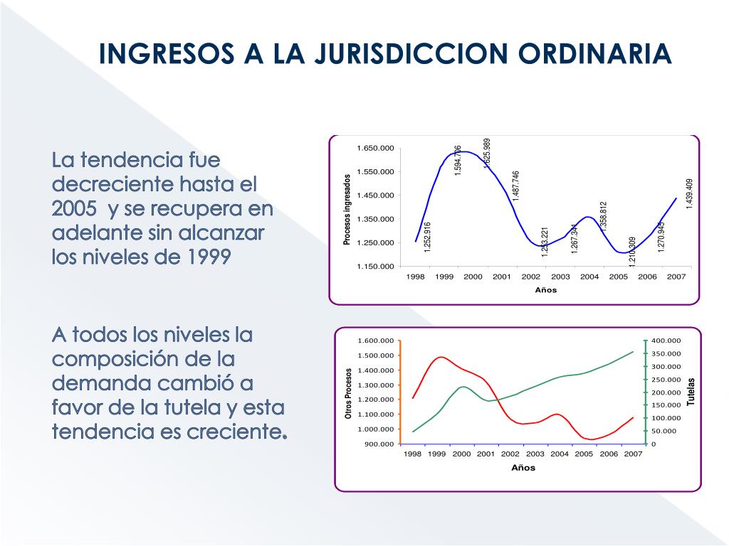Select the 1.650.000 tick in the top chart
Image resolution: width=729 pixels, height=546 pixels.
(x=375, y=148)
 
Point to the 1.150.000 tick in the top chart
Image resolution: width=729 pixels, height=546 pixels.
(x=375, y=267)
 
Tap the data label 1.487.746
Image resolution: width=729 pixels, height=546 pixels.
(x=516, y=186)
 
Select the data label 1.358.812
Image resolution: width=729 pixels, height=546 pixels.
(x=604, y=216)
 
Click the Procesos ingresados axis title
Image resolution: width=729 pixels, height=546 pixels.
(x=347, y=210)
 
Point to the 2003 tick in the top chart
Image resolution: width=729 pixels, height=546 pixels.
(x=560, y=277)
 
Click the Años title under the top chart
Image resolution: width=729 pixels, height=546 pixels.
(x=545, y=290)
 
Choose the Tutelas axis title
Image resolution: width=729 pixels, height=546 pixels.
(x=690, y=392)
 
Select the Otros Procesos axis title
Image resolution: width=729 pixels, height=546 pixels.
(x=349, y=392)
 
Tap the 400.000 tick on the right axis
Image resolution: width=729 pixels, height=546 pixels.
(x=666, y=341)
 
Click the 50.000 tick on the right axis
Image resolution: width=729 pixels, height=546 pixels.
(x=664, y=432)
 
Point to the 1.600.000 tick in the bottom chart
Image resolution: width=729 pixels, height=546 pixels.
(x=376, y=341)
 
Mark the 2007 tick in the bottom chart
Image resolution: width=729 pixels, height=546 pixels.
(x=633, y=454)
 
